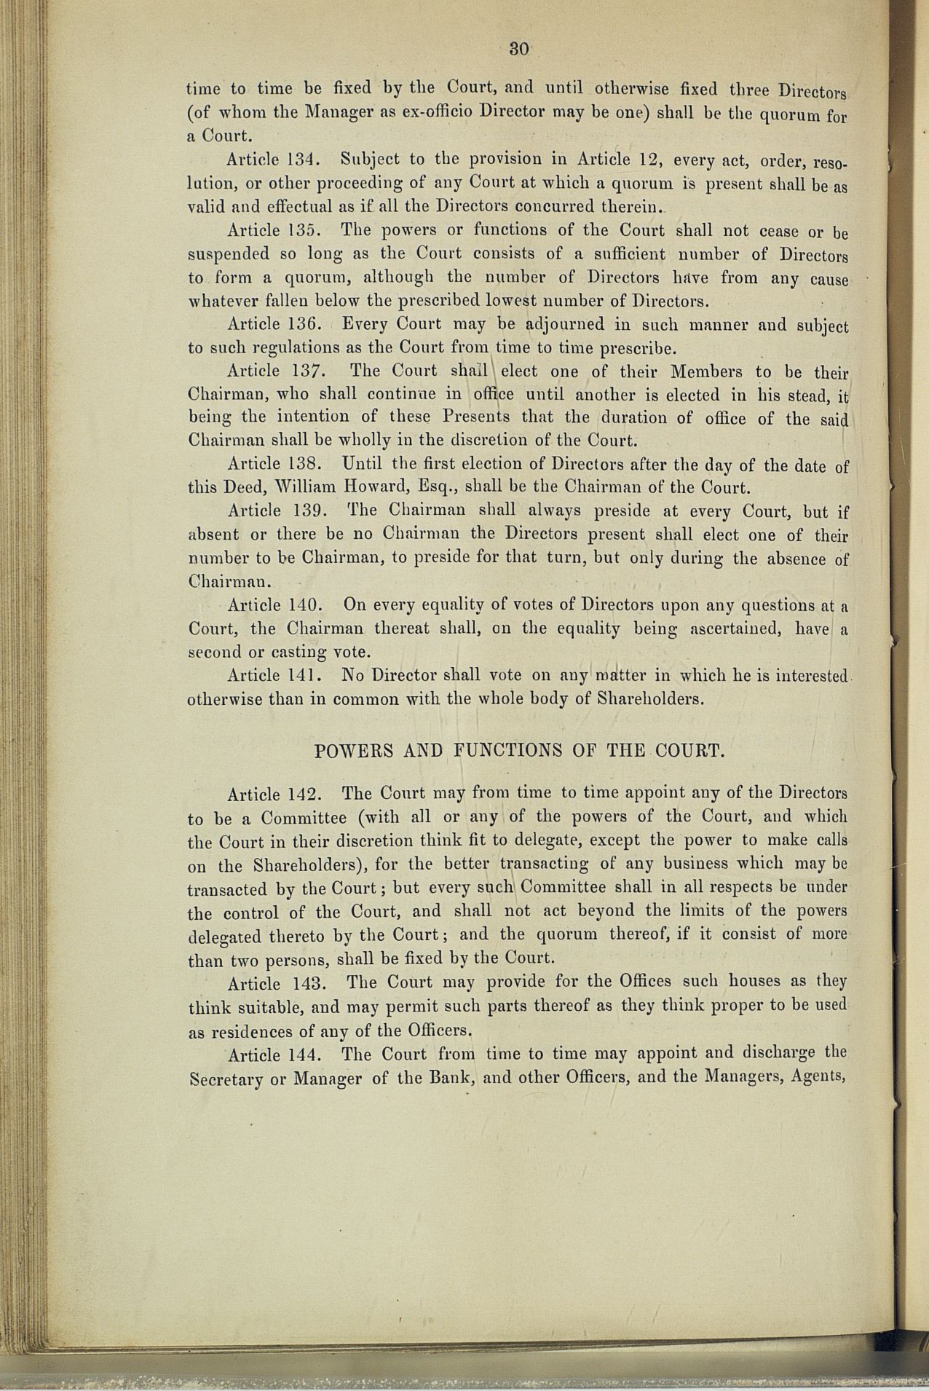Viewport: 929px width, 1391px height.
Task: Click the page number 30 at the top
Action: [x=518, y=49]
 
